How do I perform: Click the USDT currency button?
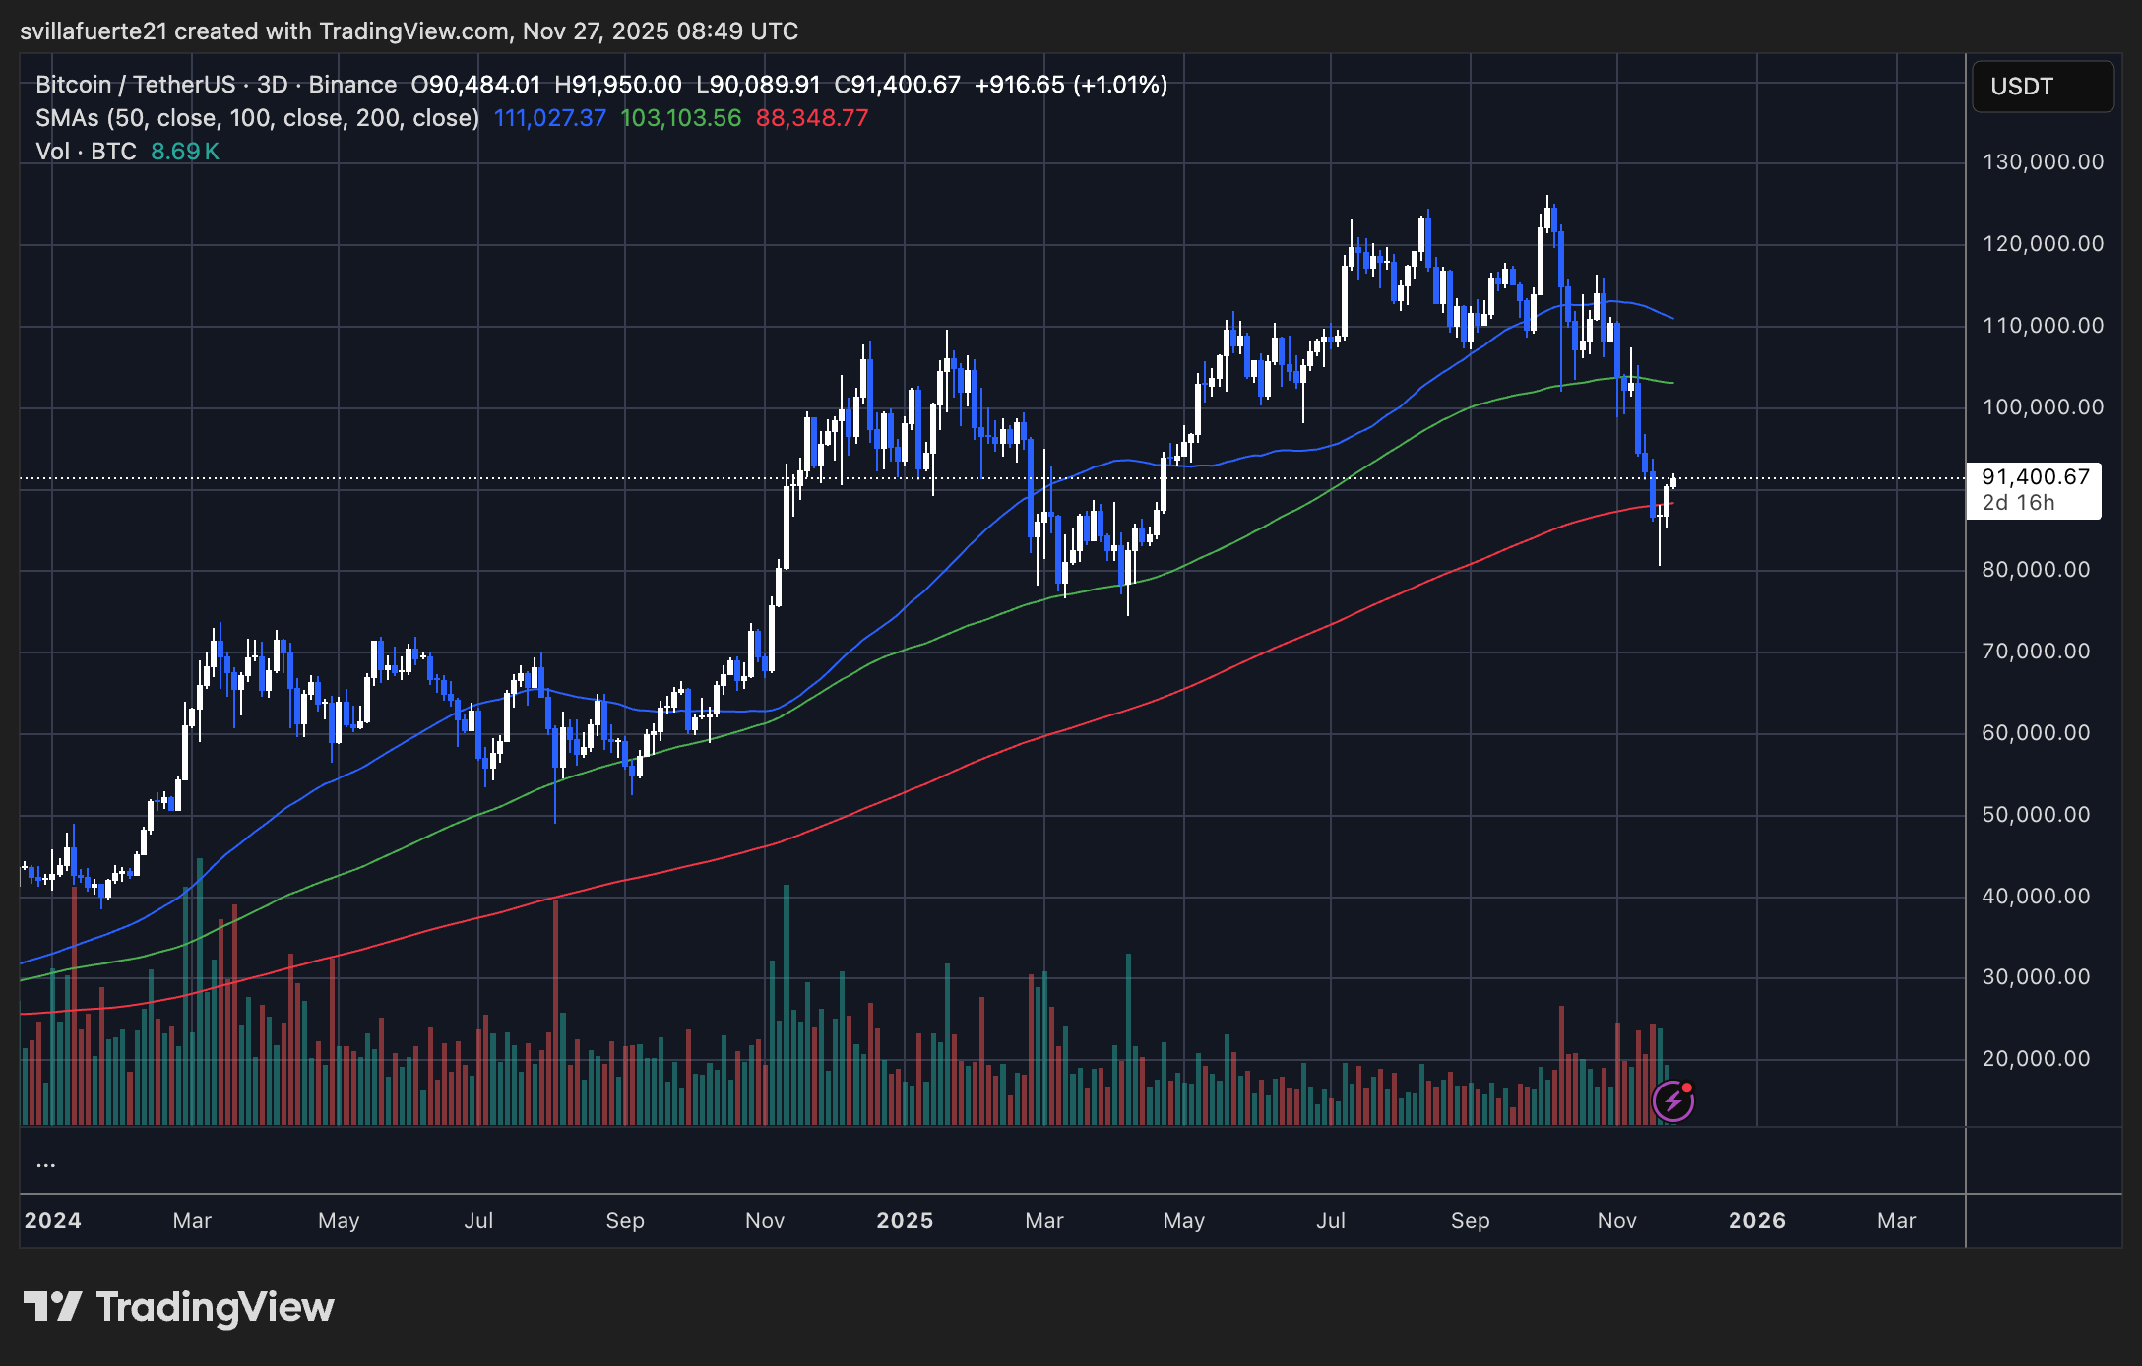(2042, 87)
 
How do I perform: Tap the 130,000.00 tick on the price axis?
(2043, 162)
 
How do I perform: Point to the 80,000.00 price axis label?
(2036, 570)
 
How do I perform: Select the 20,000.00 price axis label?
(2036, 1059)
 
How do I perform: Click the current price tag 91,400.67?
(2035, 477)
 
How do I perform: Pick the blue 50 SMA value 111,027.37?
(549, 118)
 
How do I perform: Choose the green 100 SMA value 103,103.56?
(680, 118)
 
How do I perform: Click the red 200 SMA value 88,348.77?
(812, 118)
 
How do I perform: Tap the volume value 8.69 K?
(185, 152)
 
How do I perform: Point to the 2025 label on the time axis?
(905, 1221)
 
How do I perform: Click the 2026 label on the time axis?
(1757, 1221)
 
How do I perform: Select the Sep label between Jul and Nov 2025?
(1470, 1221)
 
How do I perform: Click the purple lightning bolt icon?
(1672, 1101)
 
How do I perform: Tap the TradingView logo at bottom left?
(179, 1307)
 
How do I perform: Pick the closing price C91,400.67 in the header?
(897, 85)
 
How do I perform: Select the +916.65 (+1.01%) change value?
(1071, 85)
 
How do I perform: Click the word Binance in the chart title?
(352, 85)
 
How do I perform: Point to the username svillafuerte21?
(94, 31)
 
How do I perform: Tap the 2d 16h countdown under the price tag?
(2018, 503)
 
